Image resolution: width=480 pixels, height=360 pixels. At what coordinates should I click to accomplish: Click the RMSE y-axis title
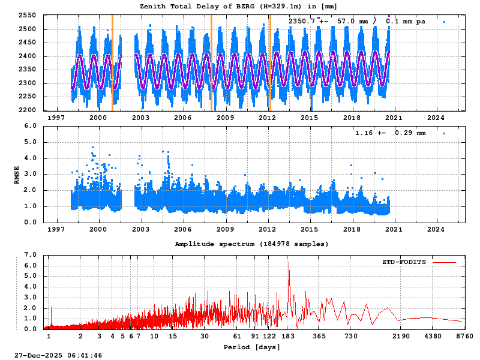tap(17, 174)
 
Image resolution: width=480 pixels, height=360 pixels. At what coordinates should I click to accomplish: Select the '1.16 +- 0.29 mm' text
tap(390, 133)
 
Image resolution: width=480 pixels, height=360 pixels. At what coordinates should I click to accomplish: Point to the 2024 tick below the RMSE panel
tap(436, 229)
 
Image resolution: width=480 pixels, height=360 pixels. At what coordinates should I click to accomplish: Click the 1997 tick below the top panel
tap(57, 118)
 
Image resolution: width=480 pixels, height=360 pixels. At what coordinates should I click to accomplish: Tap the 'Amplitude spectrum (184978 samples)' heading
tap(251, 244)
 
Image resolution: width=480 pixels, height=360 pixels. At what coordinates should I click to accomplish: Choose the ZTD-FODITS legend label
tap(404, 262)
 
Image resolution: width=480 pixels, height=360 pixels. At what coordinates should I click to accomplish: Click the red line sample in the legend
tap(444, 262)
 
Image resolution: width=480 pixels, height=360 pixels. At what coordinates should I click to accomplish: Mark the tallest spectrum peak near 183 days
tap(289, 262)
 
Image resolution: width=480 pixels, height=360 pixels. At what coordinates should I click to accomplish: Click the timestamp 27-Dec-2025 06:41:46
tap(58, 355)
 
